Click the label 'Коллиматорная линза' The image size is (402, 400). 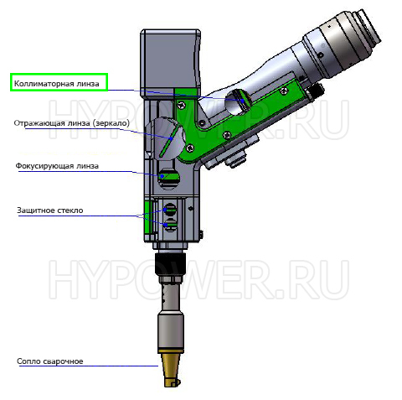57,84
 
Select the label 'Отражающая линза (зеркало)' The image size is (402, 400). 72,123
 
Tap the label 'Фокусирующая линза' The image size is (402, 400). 57,166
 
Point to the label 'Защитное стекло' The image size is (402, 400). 50,210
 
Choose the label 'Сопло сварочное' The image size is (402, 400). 50,361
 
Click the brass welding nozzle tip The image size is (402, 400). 171,368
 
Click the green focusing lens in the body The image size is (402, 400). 168,176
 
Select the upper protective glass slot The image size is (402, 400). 170,209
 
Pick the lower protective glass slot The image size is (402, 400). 171,225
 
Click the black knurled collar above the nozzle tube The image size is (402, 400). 170,264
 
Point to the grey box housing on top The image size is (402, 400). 171,63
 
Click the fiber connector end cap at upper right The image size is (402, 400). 367,27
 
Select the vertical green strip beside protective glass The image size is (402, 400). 148,217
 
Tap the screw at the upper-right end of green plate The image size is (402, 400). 284,90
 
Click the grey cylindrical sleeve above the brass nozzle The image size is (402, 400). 171,330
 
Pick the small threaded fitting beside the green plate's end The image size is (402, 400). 317,91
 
